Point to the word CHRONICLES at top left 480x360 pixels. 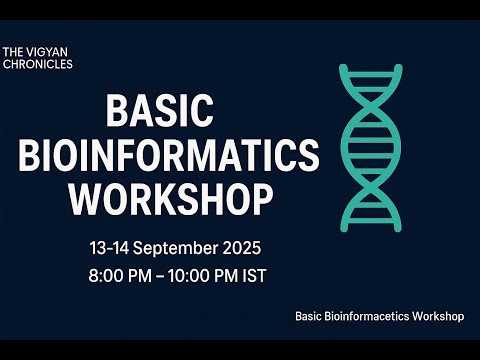pyautogui.click(x=38, y=63)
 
